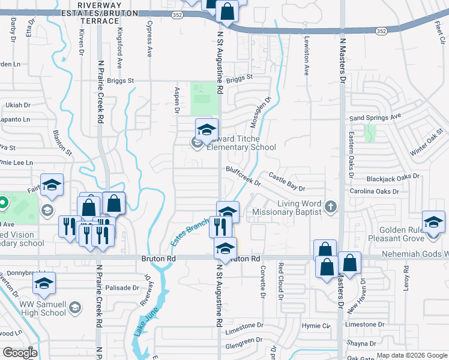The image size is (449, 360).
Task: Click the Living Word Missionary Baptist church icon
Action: point(330,208)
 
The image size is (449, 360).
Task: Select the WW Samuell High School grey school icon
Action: point(75,308)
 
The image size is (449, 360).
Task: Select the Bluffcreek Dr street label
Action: point(244,177)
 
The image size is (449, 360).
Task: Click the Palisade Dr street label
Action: point(122,288)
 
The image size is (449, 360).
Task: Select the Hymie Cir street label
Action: point(316,326)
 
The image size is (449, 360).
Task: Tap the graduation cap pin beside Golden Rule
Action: point(433,221)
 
